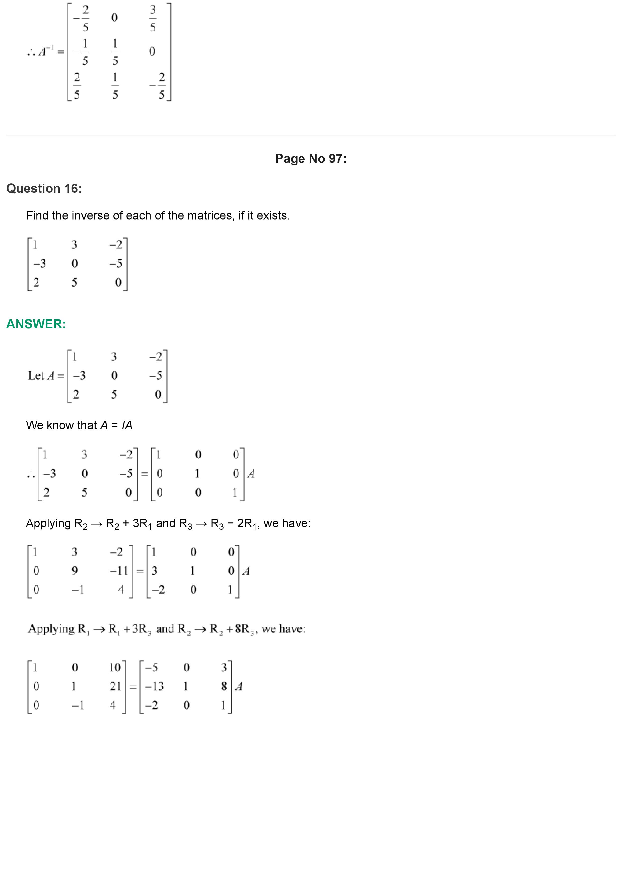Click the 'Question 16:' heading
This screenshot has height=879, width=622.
[44, 188]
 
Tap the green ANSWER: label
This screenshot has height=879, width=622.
[36, 324]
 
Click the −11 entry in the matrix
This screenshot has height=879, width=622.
[119, 571]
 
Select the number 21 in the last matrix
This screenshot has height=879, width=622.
[115, 686]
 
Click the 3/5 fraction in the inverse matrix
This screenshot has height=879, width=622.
[153, 18]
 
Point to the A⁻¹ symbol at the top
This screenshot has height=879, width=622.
[46, 51]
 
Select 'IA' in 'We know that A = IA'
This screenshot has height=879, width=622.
[127, 425]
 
